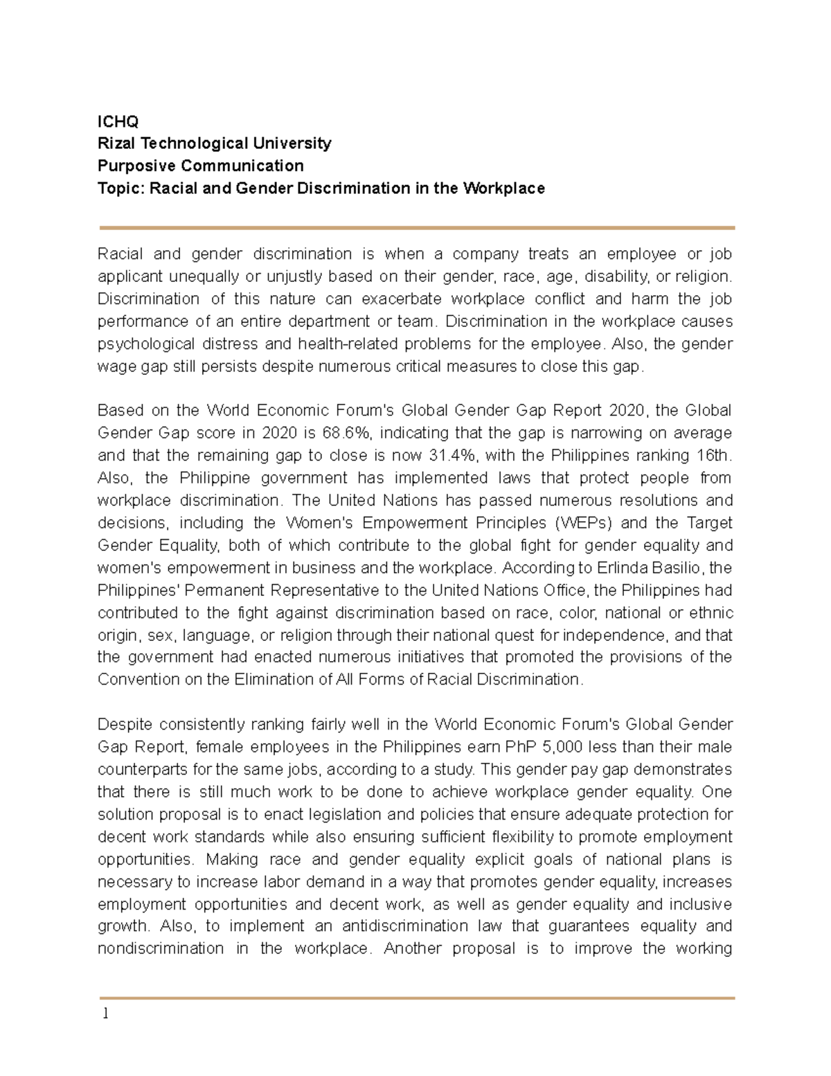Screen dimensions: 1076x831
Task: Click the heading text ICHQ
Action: point(118,122)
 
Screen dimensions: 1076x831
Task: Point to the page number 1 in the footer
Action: point(105,1014)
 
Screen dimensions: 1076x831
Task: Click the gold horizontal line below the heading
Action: point(416,227)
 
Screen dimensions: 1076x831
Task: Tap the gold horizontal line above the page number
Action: point(416,998)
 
